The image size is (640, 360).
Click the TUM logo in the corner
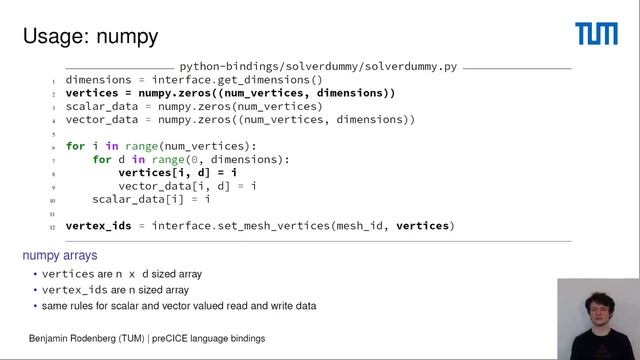click(x=596, y=35)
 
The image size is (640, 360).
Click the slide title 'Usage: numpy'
click(x=91, y=38)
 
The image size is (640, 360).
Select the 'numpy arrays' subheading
click(x=60, y=256)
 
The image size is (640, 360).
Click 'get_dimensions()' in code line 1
click(x=275, y=80)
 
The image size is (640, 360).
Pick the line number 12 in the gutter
click(x=53, y=227)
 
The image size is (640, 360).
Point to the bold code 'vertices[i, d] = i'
click(x=177, y=173)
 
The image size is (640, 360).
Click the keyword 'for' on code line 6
click(x=76, y=146)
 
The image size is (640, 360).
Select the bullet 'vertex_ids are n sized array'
click(x=125, y=289)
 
